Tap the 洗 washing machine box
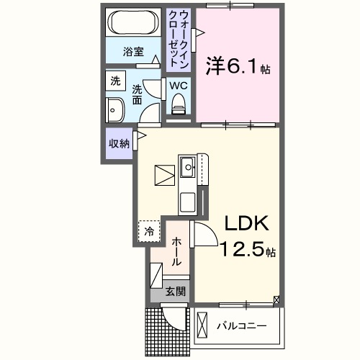point(115,82)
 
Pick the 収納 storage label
point(119,143)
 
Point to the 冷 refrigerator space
point(149,232)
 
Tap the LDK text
point(244,223)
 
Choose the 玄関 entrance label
point(176,292)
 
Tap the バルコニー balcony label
point(242,326)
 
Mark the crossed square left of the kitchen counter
point(165,174)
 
